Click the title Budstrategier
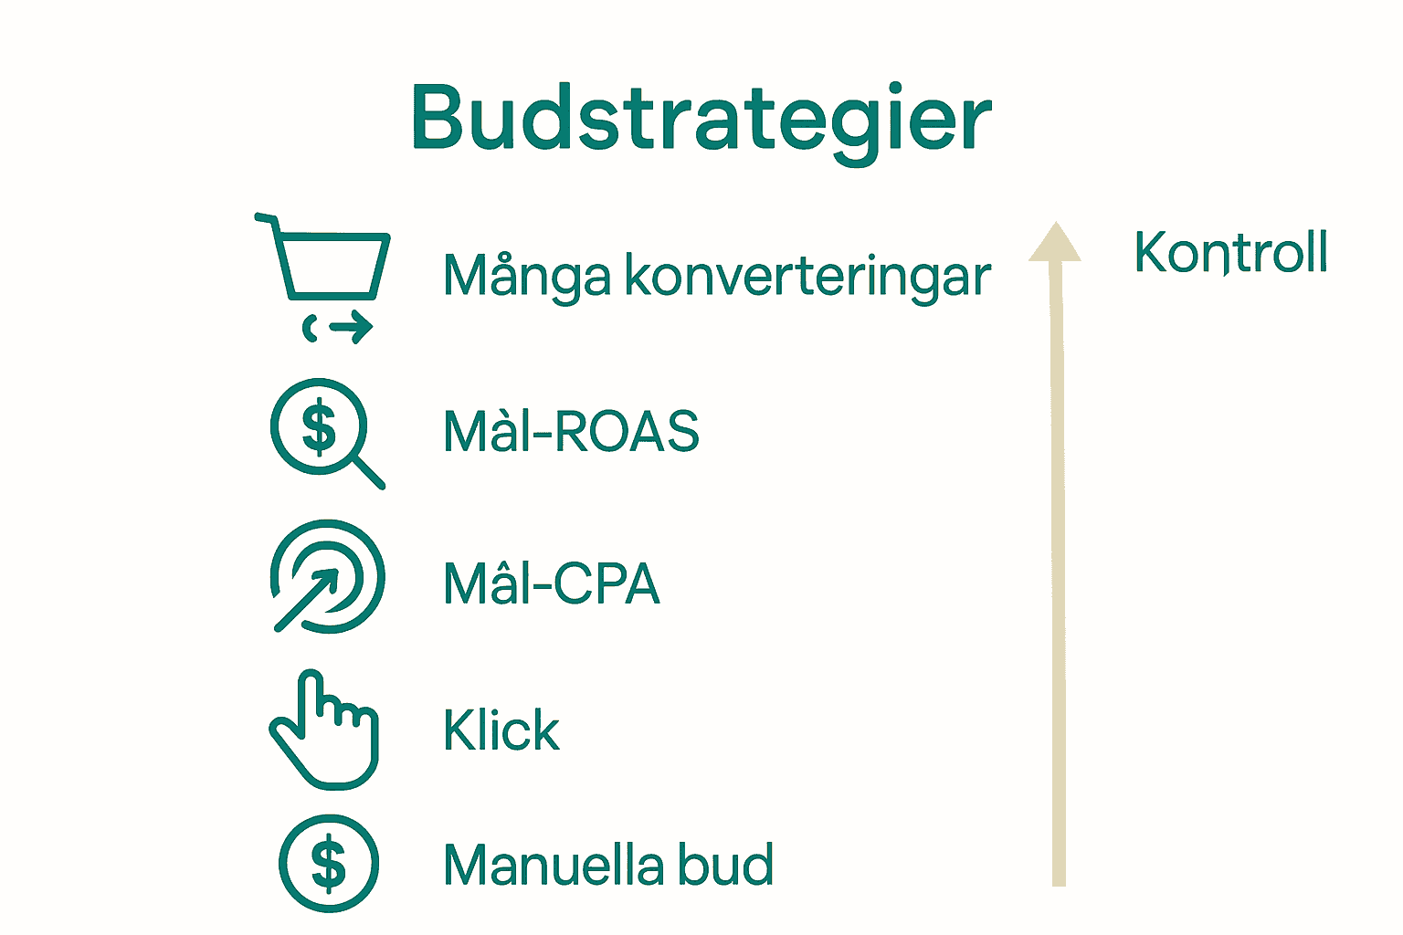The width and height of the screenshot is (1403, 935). click(701, 122)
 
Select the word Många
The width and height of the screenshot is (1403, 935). click(527, 277)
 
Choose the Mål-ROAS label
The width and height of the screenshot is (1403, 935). click(571, 430)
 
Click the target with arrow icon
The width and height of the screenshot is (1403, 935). click(327, 576)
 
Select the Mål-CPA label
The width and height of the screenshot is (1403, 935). click(552, 583)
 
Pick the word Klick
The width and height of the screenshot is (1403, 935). click(501, 730)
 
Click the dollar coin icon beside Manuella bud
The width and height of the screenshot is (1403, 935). click(329, 864)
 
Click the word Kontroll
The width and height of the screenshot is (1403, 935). click(1230, 252)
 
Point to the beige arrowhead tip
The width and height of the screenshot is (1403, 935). click(1055, 222)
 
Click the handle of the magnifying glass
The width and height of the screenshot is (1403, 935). click(369, 473)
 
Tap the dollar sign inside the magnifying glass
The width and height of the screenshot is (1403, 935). click(319, 427)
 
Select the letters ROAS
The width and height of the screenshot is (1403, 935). click(628, 430)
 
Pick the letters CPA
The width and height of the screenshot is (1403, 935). click(607, 583)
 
